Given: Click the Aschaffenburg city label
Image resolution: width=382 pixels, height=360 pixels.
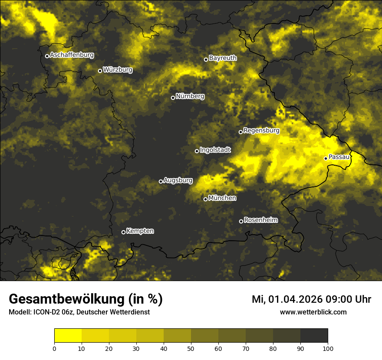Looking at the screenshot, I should (72, 55).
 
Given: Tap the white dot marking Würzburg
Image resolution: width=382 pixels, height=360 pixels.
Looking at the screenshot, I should (100, 71).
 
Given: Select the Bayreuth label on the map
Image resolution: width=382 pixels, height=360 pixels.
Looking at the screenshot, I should (223, 58).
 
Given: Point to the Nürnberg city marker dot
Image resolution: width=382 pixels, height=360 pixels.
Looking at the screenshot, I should (173, 98).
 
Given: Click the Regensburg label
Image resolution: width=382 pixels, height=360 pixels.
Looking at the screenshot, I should (261, 130).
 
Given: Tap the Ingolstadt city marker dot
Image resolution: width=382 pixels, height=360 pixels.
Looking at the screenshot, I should (197, 151).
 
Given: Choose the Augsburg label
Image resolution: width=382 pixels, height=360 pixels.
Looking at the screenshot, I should (178, 180).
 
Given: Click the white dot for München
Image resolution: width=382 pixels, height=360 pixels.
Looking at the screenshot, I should (205, 199).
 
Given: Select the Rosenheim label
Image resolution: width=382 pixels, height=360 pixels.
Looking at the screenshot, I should (260, 220).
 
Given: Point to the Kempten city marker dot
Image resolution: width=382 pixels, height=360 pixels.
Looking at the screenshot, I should (123, 232).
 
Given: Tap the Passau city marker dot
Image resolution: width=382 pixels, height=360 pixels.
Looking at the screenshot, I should (326, 158).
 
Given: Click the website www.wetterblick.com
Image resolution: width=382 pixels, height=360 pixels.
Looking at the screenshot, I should (313, 312).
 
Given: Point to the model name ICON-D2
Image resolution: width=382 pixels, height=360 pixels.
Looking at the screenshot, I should (45, 312).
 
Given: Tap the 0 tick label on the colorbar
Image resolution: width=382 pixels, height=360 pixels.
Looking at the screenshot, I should (54, 348).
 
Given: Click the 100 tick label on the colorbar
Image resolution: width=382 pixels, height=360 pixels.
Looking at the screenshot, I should (328, 348).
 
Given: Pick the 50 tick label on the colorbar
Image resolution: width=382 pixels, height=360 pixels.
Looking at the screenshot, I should (191, 348).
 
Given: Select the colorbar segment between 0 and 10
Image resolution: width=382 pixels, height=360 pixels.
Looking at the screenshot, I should (68, 336).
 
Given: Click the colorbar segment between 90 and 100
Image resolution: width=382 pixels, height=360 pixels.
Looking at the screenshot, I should (314, 336).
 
